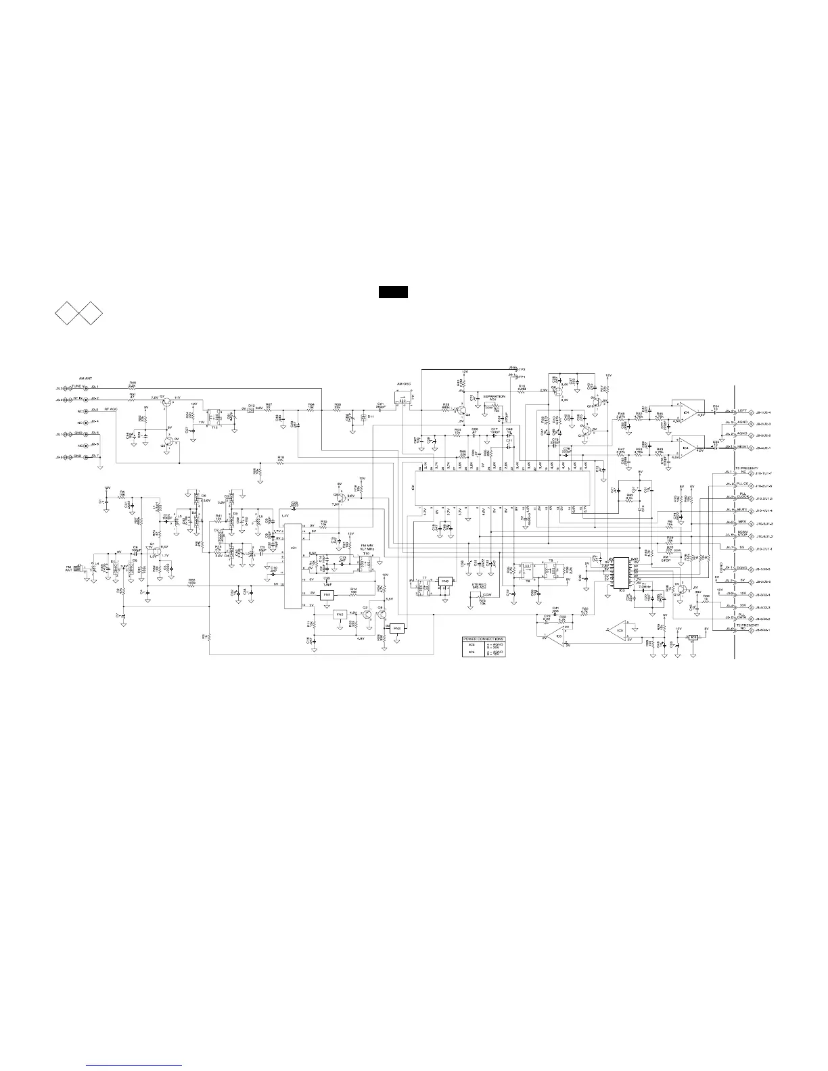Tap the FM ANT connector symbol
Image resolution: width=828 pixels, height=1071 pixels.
83,569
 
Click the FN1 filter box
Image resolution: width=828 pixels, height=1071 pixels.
327,594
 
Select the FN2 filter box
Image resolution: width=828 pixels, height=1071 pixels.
340,613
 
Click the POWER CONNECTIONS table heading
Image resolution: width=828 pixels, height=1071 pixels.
484,638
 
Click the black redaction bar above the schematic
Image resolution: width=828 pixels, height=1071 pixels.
392,292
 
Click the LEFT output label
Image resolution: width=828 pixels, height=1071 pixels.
742,411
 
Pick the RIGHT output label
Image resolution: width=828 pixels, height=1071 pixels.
742,447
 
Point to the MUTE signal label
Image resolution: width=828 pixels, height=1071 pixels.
741,510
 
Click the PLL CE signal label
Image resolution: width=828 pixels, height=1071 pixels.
741,485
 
